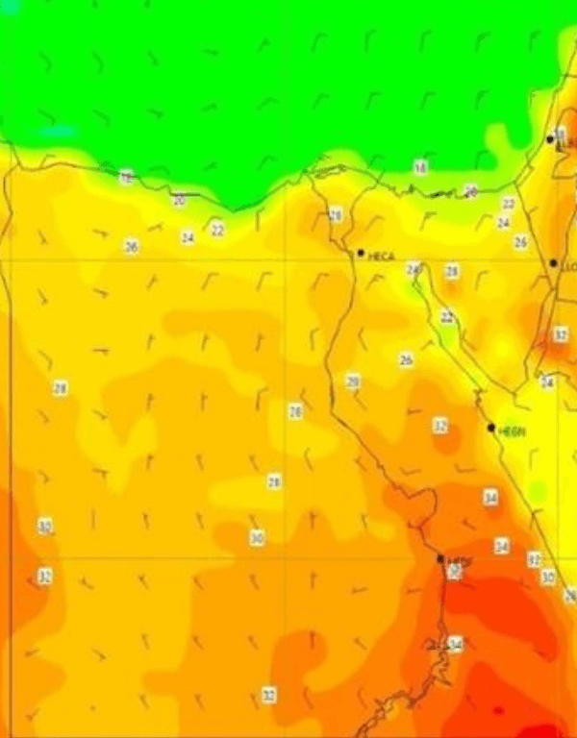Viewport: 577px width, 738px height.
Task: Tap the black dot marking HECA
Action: click(361, 253)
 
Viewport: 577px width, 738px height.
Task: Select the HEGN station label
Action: click(513, 431)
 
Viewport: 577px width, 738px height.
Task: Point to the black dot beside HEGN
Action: click(490, 428)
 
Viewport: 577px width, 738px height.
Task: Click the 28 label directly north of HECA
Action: click(336, 215)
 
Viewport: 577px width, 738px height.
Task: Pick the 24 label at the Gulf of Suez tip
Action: click(414, 270)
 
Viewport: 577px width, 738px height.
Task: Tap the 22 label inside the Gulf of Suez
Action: click(447, 316)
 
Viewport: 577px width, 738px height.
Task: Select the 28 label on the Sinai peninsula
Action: click(452, 272)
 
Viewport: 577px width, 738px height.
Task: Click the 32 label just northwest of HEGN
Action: click(440, 425)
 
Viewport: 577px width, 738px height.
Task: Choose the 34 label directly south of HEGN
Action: click(490, 498)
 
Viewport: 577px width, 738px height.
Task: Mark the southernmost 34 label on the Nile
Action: click(456, 644)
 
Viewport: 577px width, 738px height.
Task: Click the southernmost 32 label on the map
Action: click(269, 694)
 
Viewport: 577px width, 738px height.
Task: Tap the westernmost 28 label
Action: click(60, 388)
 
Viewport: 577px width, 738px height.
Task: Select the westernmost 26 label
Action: click(131, 246)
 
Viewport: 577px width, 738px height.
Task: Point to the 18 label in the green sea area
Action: click(420, 167)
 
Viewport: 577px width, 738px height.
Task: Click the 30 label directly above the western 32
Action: click(44, 527)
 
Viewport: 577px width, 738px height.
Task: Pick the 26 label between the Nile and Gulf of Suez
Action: click(406, 359)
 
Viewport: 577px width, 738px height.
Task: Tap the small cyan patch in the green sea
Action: click(58, 130)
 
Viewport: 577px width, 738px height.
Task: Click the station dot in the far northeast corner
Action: click(550, 139)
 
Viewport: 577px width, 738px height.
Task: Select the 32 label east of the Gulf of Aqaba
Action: click(561, 334)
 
